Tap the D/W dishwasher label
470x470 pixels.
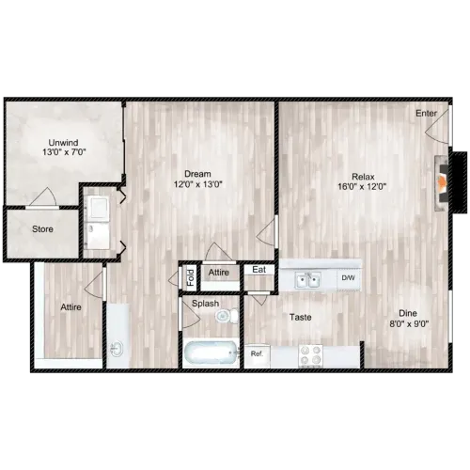tap(348, 277)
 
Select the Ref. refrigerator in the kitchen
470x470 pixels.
tap(257, 356)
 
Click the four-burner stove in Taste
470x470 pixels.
tap(310, 355)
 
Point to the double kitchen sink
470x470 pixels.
tap(307, 280)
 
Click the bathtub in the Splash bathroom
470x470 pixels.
tap(211, 352)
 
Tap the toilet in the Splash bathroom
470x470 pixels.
tap(227, 316)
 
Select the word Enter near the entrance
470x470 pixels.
tap(426, 113)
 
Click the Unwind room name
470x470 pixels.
tap(63, 143)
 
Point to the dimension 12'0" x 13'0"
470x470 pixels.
tap(198, 184)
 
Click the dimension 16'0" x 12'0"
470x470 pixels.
tap(362, 187)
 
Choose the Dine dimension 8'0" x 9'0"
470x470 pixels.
tap(409, 323)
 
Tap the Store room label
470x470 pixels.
tap(42, 229)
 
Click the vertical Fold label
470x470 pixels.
tap(191, 277)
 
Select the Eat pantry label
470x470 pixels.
tap(259, 270)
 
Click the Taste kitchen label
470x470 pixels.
tap(301, 318)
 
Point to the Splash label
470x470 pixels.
tap(205, 304)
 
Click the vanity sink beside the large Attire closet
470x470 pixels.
tap(117, 349)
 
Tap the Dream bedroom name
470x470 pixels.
tap(197, 174)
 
